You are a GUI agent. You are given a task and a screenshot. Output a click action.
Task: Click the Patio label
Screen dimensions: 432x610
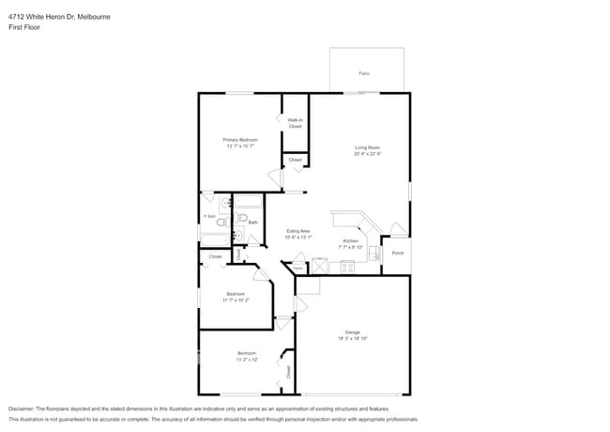(x=364, y=72)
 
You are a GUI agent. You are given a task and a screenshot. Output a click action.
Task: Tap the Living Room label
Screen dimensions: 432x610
(x=366, y=147)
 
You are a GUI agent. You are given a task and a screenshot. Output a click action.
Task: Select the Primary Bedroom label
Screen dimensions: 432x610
(x=240, y=140)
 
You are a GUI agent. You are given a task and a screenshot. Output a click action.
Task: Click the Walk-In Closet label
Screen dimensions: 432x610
(x=295, y=123)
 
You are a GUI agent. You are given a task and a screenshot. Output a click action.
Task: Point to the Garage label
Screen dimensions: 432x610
(x=353, y=332)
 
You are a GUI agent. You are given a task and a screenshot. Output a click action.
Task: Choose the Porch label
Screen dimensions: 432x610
(x=398, y=254)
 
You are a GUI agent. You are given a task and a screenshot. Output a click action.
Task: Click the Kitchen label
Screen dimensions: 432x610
(x=350, y=241)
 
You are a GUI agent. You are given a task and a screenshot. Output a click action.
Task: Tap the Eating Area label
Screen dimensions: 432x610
(x=297, y=231)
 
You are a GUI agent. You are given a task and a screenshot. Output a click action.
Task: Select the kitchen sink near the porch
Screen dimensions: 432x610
(x=373, y=252)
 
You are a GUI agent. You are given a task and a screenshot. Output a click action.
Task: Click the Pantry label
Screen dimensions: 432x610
(x=298, y=269)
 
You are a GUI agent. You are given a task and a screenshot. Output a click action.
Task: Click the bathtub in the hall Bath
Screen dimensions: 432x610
(x=249, y=201)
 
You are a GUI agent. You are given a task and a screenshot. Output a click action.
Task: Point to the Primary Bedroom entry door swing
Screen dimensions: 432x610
(x=275, y=177)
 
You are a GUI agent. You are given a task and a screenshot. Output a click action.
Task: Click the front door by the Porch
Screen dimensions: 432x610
(x=398, y=229)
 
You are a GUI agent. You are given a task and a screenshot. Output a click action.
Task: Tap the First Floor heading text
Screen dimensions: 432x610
(x=23, y=28)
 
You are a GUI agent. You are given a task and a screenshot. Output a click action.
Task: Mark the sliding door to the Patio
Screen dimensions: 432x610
(x=361, y=93)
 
